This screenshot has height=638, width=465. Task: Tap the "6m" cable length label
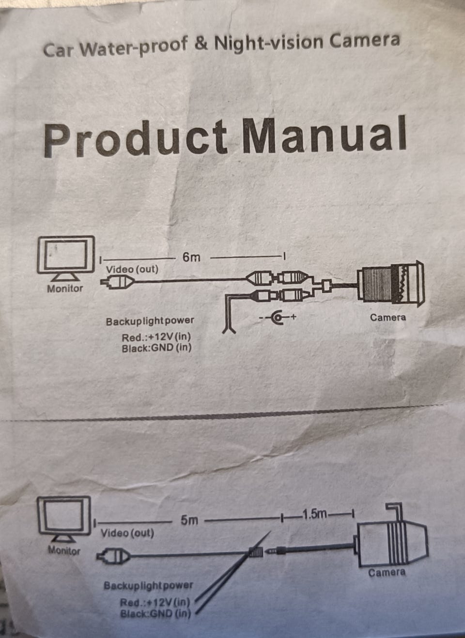click(x=191, y=257)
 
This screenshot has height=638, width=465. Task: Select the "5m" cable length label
click(x=189, y=520)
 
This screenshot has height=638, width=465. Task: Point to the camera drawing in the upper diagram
click(x=390, y=287)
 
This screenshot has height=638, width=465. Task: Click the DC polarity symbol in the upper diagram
click(x=278, y=318)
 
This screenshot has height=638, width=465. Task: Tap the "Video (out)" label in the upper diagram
click(x=132, y=269)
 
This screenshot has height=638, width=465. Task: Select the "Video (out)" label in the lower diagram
click(x=127, y=533)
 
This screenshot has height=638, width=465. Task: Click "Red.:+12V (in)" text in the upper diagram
click(x=156, y=337)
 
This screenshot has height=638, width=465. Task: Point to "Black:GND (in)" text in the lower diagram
click(x=155, y=614)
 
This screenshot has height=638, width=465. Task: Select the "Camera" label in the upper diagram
click(x=387, y=318)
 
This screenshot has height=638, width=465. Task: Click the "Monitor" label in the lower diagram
click(x=64, y=550)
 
